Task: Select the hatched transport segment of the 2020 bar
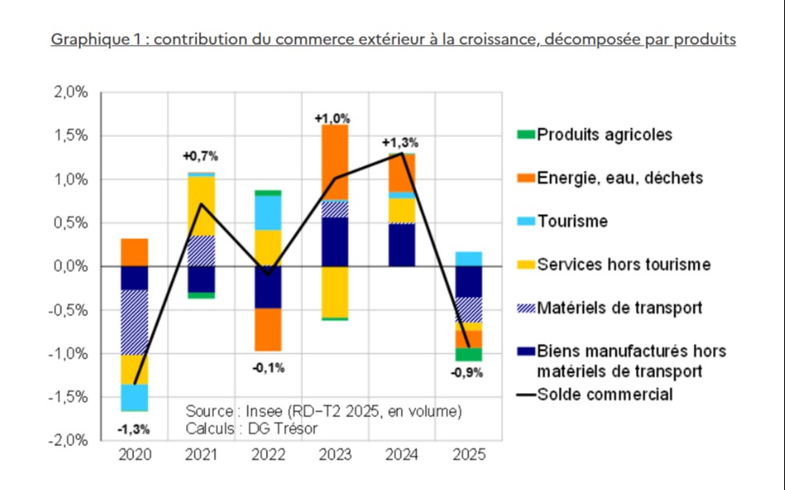click(x=135, y=322)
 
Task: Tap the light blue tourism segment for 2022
click(x=269, y=212)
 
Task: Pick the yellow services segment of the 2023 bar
click(x=335, y=292)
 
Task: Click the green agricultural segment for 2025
click(x=469, y=354)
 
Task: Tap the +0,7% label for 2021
click(x=200, y=156)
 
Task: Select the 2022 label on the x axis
click(x=269, y=456)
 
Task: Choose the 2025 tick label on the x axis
click(x=469, y=456)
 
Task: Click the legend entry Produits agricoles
click(x=605, y=135)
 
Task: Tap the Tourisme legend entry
click(x=573, y=221)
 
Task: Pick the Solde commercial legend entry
click(x=605, y=394)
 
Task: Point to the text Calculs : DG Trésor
click(x=251, y=428)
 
